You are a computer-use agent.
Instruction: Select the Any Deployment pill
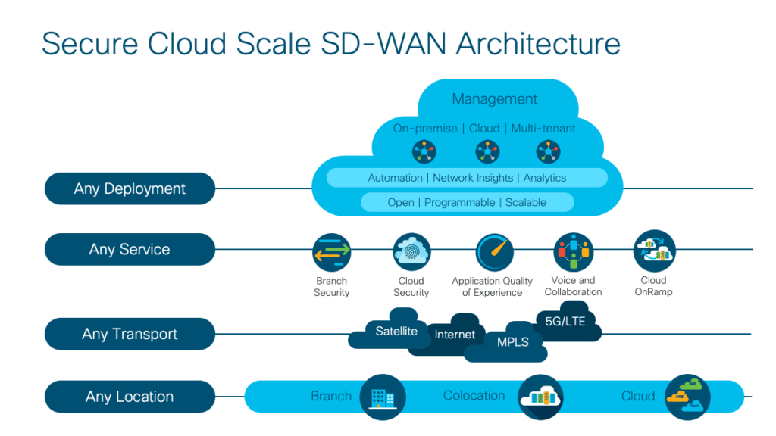click(130, 189)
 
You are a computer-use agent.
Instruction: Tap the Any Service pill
click(130, 250)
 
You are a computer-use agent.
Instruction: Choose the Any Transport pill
click(130, 334)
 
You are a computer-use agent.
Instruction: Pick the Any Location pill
click(130, 397)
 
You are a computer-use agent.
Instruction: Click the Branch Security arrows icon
click(332, 252)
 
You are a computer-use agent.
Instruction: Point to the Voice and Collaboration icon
click(574, 252)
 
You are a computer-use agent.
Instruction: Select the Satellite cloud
click(396, 331)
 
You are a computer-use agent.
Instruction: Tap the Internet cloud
click(455, 334)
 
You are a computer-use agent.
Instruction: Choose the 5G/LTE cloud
click(565, 320)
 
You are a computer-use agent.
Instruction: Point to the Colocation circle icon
click(540, 397)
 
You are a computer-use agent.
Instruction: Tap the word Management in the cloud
click(494, 99)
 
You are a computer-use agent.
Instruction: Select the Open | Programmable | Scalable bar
click(467, 202)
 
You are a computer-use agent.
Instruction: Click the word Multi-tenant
click(543, 129)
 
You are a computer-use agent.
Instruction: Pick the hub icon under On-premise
click(424, 151)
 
